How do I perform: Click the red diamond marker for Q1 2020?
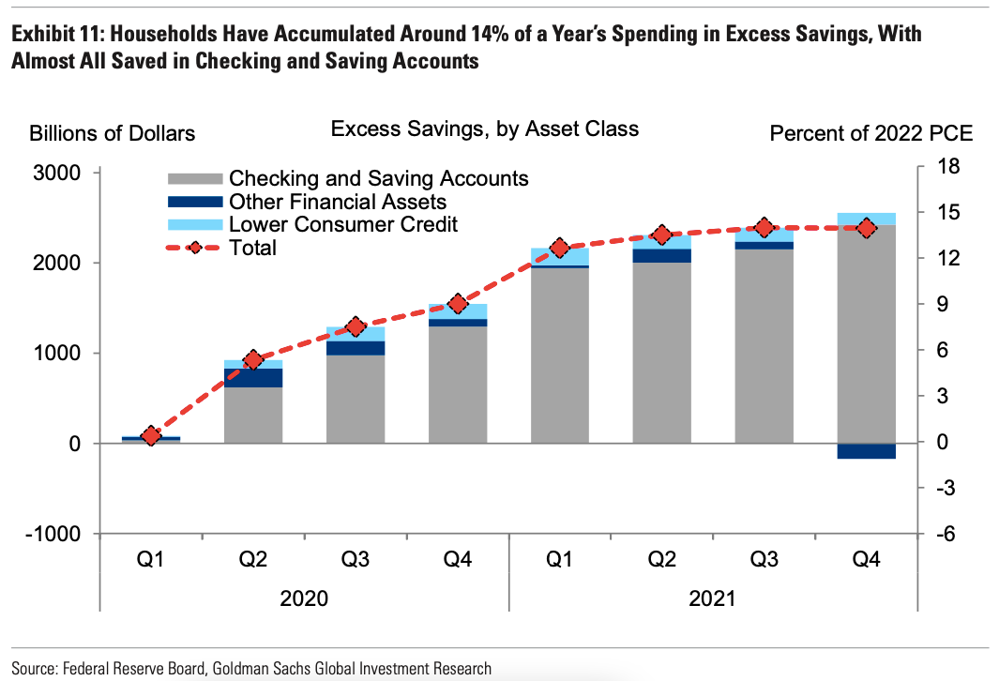coord(151,436)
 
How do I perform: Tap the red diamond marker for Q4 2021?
coord(866,228)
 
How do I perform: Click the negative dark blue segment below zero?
coord(866,451)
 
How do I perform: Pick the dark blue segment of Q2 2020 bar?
coord(253,377)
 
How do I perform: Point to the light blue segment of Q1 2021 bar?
coord(559,256)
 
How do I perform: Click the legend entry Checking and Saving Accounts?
coord(378,178)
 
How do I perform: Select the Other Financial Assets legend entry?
coord(337,202)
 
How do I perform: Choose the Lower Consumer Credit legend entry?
coord(342,224)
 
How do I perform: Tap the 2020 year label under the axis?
coord(304,598)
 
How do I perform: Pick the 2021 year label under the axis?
coord(712,598)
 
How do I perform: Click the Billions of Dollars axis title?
coord(113,133)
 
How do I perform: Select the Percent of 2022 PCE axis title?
coord(870,133)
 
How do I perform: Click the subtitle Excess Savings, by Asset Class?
coord(484,129)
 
